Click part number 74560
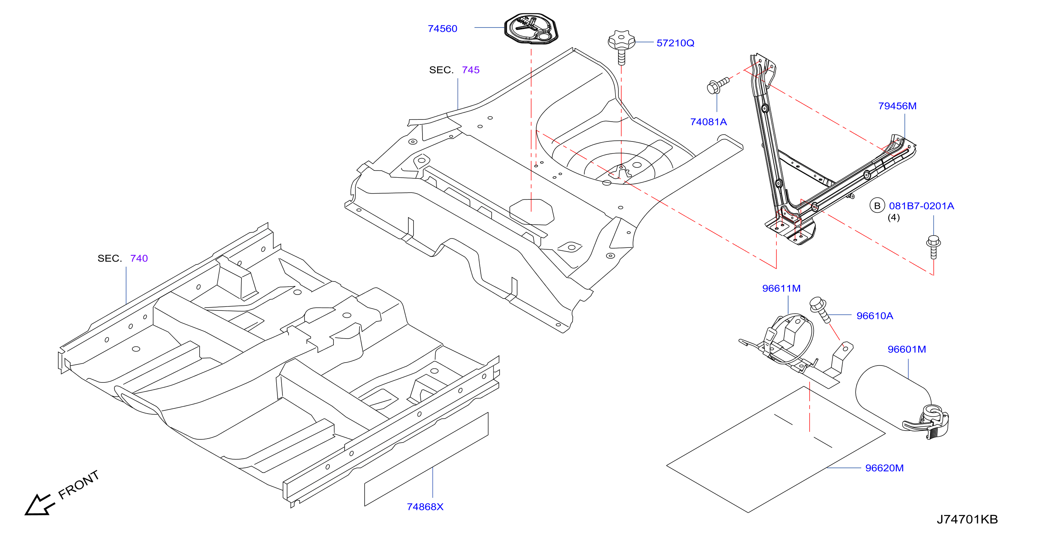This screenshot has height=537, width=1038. tap(442, 29)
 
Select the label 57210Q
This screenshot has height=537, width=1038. tap(675, 43)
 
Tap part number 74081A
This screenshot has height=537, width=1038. tap(709, 122)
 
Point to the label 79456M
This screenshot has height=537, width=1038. tap(898, 106)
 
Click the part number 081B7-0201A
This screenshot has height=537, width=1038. tap(921, 206)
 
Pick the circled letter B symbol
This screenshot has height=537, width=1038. tap(877, 206)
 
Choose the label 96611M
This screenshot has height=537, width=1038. tap(781, 288)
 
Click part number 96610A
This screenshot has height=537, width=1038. tap(875, 316)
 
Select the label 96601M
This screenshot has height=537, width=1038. tap(907, 349)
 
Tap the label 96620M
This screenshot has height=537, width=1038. tap(884, 468)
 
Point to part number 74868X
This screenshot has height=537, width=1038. tap(425, 507)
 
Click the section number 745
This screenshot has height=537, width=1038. tap(471, 70)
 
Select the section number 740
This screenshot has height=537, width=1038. tap(139, 258)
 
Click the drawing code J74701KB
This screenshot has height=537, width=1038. tap(967, 519)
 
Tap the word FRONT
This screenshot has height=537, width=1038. tap(79, 485)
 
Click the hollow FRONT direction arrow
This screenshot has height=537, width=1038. tap(38, 505)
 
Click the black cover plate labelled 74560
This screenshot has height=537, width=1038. tap(531, 28)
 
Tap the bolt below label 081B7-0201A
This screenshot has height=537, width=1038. tap(934, 246)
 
